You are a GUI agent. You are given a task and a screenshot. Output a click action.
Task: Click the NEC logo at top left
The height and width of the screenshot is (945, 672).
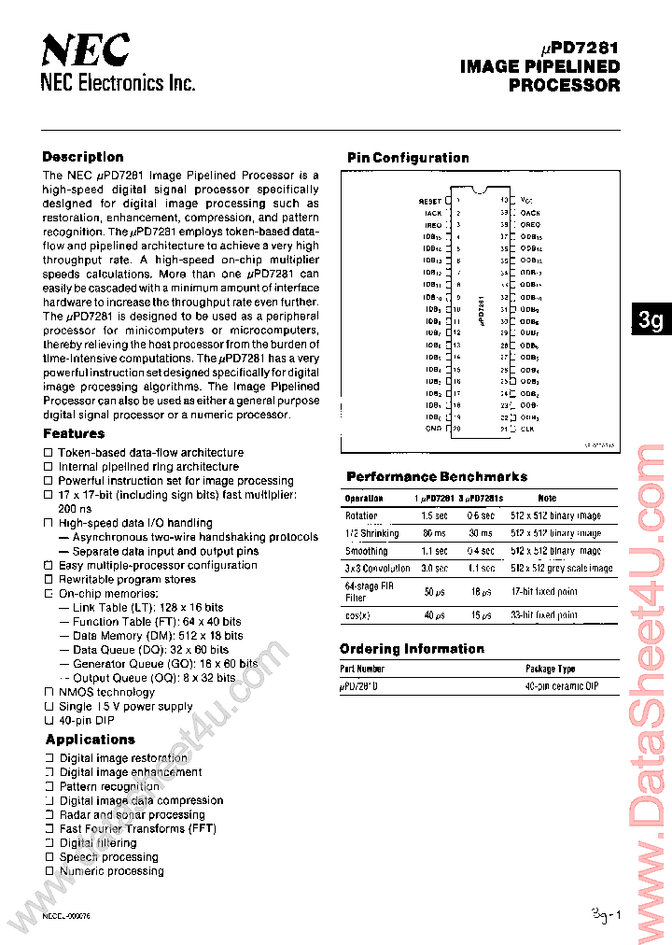click(86, 50)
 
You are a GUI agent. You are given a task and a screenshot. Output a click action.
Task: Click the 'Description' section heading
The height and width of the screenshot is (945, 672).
click(83, 157)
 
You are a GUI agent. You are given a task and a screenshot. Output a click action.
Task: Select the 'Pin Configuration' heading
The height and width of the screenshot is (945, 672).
click(408, 158)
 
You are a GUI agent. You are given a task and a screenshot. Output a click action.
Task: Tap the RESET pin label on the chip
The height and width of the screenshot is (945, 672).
click(429, 201)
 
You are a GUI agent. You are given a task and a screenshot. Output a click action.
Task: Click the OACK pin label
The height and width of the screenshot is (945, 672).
click(530, 213)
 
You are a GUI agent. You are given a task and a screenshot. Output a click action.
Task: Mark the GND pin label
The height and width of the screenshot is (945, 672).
click(433, 430)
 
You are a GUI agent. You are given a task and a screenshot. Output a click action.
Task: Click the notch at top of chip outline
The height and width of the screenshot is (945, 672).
click(480, 191)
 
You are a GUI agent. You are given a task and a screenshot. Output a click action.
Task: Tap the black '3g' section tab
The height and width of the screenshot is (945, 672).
click(651, 320)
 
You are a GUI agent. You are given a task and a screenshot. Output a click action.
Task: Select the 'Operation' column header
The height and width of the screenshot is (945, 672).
click(364, 499)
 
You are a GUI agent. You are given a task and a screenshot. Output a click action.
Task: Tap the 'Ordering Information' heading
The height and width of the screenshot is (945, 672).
click(412, 648)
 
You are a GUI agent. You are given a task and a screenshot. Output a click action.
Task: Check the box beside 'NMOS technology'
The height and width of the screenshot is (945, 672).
click(49, 692)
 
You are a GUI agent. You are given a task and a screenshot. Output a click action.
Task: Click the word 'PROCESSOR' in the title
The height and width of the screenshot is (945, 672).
click(564, 85)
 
